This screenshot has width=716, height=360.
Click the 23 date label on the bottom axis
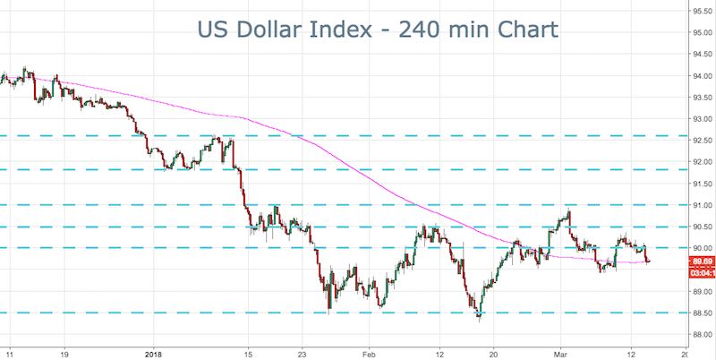[x=303, y=352]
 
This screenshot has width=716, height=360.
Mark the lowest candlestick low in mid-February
[x=479, y=319]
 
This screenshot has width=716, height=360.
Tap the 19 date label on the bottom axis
[x=63, y=352]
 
